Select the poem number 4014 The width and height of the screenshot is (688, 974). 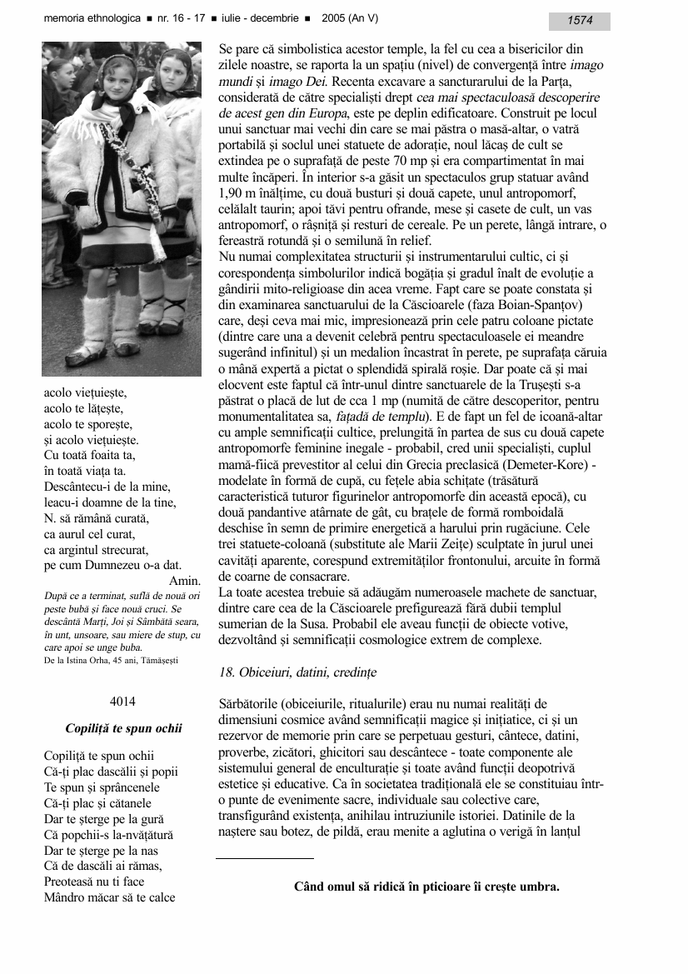[122, 701]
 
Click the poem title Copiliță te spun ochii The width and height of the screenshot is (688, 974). [123, 728]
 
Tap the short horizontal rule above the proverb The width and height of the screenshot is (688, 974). [265, 857]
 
